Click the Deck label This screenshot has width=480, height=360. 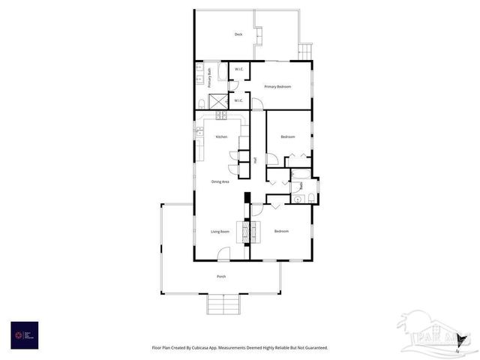coord(238,34)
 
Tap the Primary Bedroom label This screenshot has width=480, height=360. coord(277,87)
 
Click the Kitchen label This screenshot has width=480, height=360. coord(221,136)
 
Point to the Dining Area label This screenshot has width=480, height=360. coord(220,181)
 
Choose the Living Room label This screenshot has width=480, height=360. coord(220,232)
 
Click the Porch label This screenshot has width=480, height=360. coord(221,277)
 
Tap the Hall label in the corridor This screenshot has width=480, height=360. coord(256,160)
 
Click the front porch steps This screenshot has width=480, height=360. coord(223,304)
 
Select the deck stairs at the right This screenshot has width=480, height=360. coord(304,51)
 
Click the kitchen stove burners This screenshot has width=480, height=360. coord(220,115)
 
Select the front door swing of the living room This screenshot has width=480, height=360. coord(223,255)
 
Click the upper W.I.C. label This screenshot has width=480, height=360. coord(238,70)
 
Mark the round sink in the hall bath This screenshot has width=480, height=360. coord(296,199)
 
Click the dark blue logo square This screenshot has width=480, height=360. coord(25,334)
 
